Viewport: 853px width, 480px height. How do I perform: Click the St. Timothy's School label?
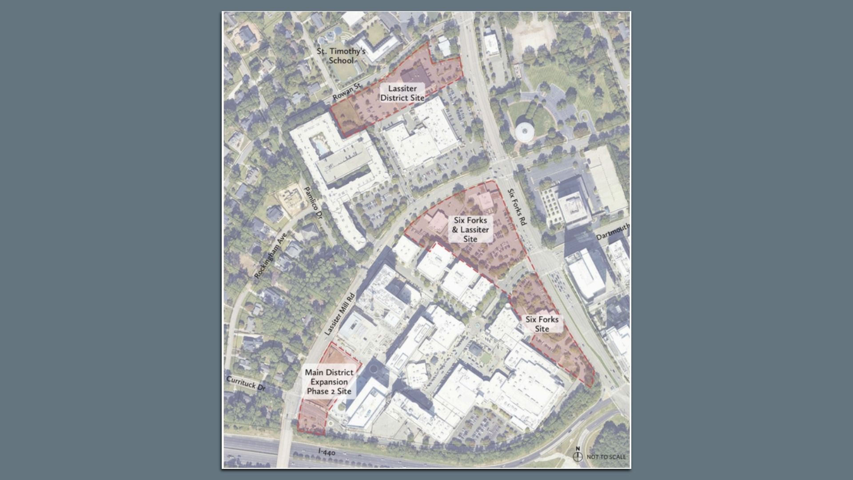(341, 56)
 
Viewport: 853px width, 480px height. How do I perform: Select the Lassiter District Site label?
(402, 93)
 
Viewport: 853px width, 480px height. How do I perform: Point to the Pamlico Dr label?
(313, 203)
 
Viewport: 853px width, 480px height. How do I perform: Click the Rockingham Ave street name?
(271, 255)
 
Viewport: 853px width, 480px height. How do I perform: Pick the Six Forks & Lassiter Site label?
(470, 229)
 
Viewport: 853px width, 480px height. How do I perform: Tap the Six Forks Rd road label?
(517, 207)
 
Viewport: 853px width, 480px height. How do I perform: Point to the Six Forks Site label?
(542, 324)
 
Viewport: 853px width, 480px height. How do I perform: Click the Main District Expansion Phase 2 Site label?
(329, 382)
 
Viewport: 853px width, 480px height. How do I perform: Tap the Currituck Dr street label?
(246, 384)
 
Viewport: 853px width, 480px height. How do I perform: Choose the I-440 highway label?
(327, 452)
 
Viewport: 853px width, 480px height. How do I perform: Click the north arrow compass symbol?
(578, 456)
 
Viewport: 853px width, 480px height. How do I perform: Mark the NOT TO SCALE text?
(606, 457)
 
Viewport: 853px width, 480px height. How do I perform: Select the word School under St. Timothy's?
(341, 60)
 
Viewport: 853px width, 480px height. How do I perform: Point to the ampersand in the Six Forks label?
(455, 230)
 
